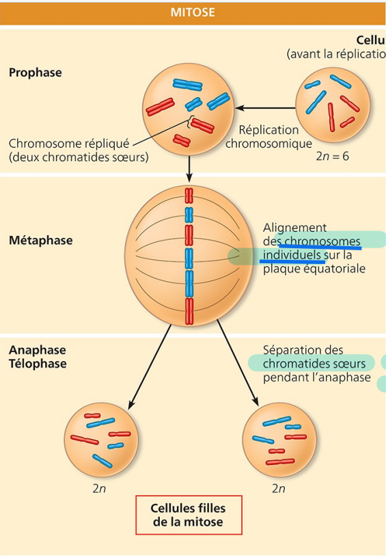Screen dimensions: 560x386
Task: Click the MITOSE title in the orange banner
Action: tap(192, 12)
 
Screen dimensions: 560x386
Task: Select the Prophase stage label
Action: tap(35, 72)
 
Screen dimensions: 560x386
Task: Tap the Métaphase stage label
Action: tap(41, 241)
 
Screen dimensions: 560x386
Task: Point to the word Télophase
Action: tap(38, 364)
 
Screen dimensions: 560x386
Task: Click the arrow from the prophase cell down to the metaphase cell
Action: tap(188, 168)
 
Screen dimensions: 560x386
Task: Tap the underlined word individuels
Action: tap(292, 255)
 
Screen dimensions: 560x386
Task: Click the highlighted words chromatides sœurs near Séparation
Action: tap(314, 363)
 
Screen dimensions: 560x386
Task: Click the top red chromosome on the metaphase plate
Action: tap(188, 195)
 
